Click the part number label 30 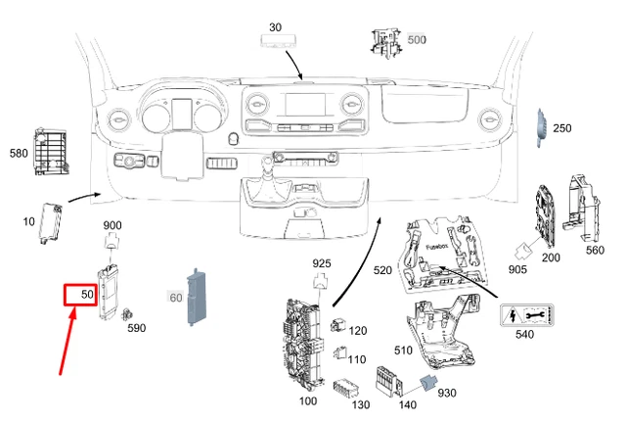tap(274, 27)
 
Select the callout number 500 tap(417, 40)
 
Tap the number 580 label tap(19, 153)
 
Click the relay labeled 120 tap(340, 324)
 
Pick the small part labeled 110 tap(340, 353)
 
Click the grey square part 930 tap(427, 386)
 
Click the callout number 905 tap(517, 268)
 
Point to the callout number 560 tap(595, 249)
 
